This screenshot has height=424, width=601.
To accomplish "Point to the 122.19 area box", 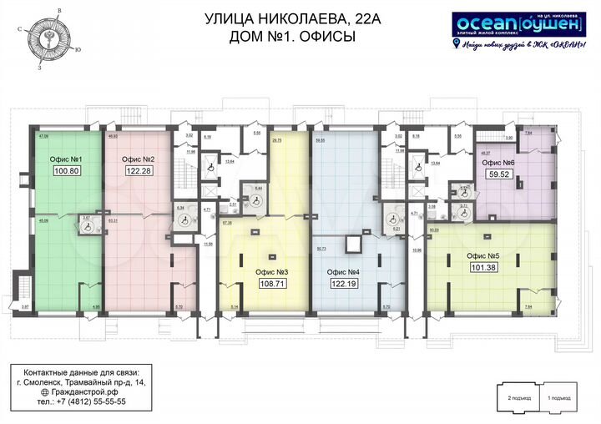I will (x=344, y=284).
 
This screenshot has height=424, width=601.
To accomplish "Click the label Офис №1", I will (x=66, y=159).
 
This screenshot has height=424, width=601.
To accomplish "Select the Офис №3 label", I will (x=272, y=272).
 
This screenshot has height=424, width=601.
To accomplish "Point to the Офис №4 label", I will (x=343, y=272).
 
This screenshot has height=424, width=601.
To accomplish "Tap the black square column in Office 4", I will (x=353, y=242).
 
